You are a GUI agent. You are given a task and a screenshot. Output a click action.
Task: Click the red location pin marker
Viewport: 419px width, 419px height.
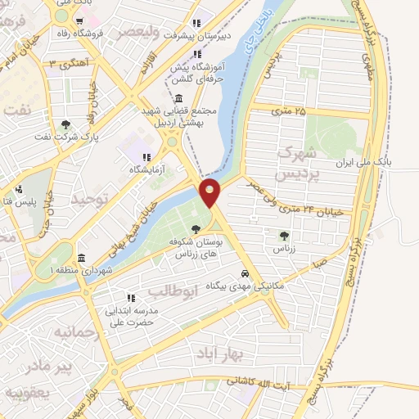210,193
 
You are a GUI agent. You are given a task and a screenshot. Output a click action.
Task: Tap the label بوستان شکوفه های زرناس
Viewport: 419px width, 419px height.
195,249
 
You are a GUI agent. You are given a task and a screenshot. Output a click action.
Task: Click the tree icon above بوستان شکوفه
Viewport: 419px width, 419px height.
195,229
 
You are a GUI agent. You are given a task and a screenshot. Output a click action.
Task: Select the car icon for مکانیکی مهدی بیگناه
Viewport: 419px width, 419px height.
245,273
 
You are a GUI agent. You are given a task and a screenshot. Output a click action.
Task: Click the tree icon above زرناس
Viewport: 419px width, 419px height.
284,236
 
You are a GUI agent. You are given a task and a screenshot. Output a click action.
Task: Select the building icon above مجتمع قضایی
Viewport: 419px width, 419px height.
178,98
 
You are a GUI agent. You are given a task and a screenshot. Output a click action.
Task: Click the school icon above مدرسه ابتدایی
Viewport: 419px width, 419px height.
128,298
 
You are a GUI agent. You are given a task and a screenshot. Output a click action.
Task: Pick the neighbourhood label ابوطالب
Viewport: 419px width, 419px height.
173,289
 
